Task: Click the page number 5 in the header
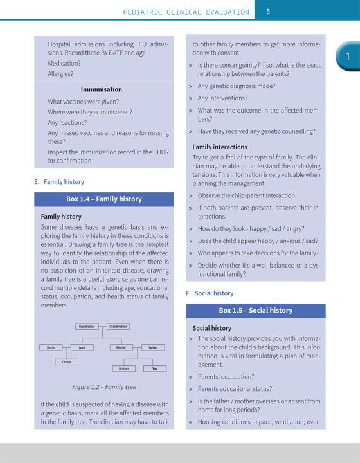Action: (x=268, y=11)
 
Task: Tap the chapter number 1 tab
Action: (x=347, y=57)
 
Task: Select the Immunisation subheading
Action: (x=101, y=89)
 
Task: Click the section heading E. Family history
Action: (x=59, y=182)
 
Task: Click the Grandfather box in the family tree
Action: (x=87, y=327)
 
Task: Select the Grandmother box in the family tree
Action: (x=118, y=327)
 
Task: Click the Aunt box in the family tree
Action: (x=82, y=347)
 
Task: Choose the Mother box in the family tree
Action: (x=121, y=347)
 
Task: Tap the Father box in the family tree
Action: (x=152, y=347)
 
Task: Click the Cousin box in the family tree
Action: (x=67, y=362)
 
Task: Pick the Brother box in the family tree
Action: (x=123, y=368)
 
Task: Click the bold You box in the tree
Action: (x=155, y=368)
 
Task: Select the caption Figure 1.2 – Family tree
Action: (x=104, y=387)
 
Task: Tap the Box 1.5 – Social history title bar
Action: (x=255, y=311)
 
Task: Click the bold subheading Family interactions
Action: (x=220, y=147)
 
